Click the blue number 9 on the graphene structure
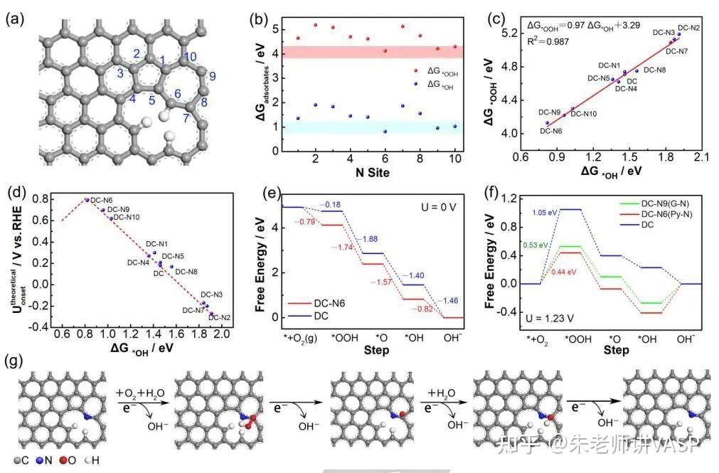(212, 76)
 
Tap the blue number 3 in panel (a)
(121, 73)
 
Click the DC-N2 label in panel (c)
(688, 28)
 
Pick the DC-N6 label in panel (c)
(551, 131)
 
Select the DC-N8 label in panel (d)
(186, 271)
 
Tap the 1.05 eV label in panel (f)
(545, 212)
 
